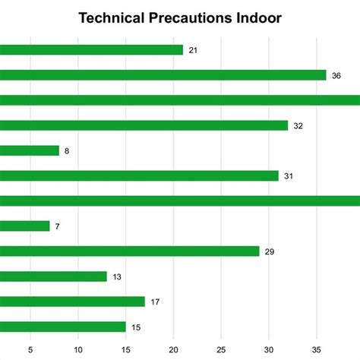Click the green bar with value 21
click(x=91, y=50)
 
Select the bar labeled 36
click(x=163, y=75)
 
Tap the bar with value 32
click(x=144, y=125)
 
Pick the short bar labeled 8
click(x=30, y=150)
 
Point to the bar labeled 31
click(x=140, y=175)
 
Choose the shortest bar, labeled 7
click(x=25, y=226)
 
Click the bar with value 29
click(x=130, y=251)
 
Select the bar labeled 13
click(x=53, y=276)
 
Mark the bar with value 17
click(x=72, y=302)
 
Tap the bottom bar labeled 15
click(x=63, y=327)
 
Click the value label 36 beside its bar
click(x=336, y=76)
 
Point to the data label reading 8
click(x=67, y=151)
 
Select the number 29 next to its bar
click(x=270, y=251)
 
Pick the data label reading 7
click(x=58, y=226)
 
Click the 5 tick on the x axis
click(x=30, y=350)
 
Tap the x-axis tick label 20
click(x=173, y=350)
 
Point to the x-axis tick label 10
click(x=78, y=350)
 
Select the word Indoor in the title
click(x=257, y=18)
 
